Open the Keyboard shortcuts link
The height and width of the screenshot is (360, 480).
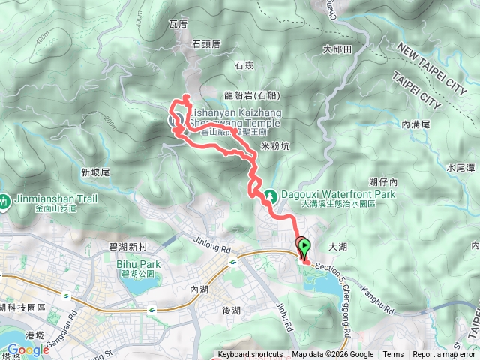250,355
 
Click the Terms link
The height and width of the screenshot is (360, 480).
393,355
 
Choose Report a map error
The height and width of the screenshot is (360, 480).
444,355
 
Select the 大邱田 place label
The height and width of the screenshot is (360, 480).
337,49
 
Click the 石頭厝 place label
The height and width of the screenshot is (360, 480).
205,44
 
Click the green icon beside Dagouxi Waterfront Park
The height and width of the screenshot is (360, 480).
273,193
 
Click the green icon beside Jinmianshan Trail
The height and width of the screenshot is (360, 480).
4,200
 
